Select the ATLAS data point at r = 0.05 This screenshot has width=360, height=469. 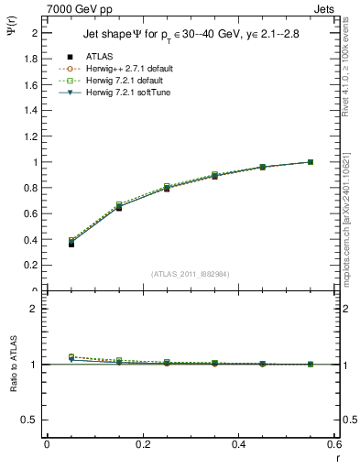71,244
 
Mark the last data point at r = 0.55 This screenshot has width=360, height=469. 311,162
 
